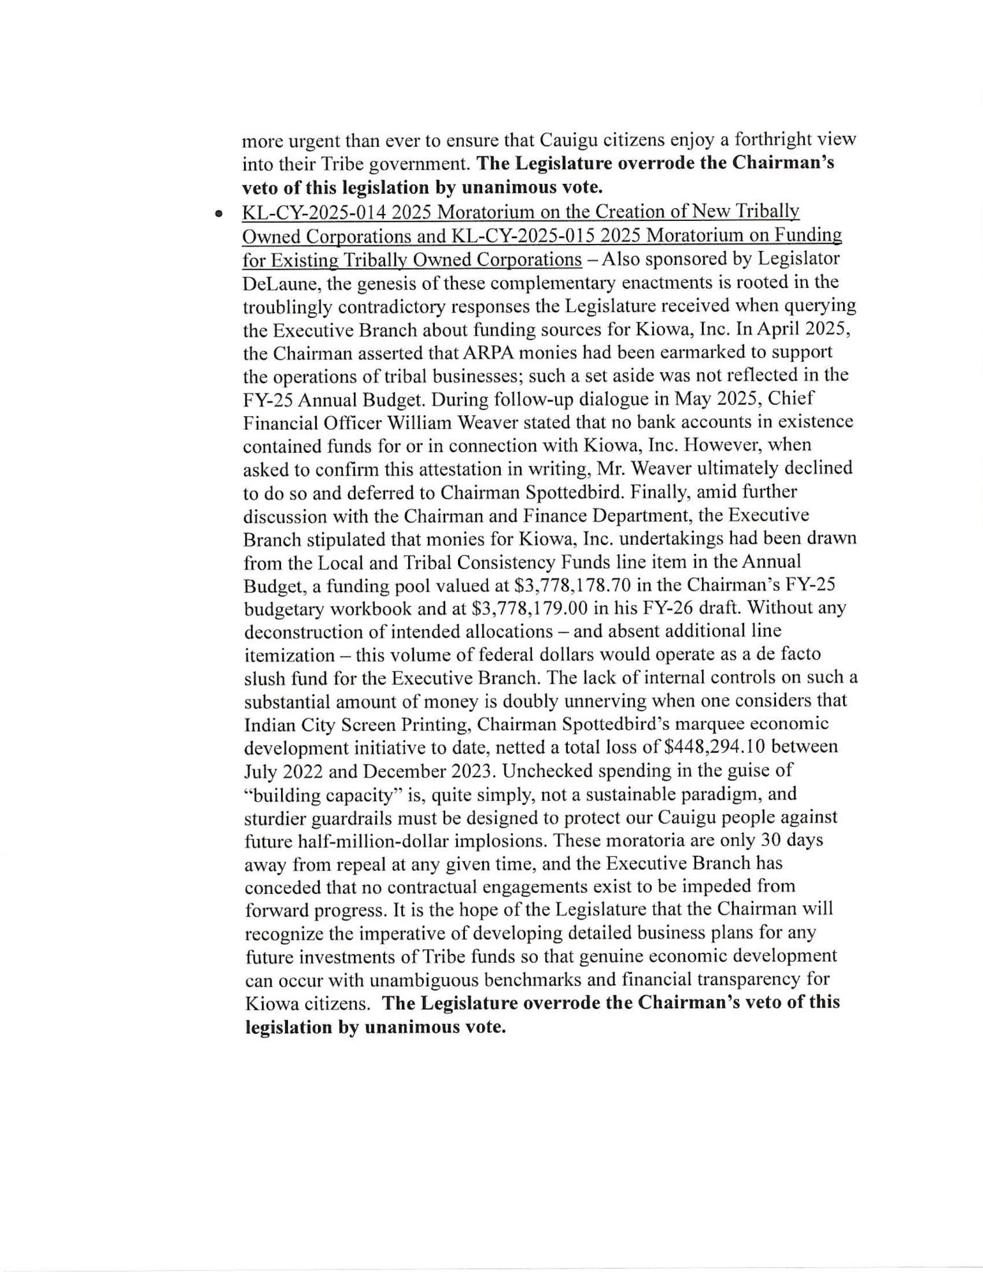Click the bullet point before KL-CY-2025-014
[219, 215]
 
